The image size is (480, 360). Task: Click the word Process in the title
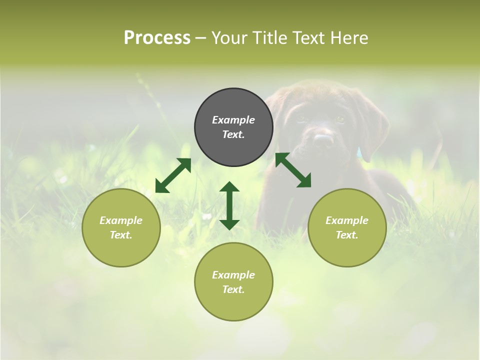(157, 38)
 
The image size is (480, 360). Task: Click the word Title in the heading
(268, 38)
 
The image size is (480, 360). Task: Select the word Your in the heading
(230, 38)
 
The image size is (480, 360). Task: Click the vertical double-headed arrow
(229, 206)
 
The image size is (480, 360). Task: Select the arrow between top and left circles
(173, 175)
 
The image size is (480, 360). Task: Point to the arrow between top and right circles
(293, 170)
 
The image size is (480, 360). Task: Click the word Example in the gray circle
(233, 120)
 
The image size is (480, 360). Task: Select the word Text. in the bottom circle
(233, 289)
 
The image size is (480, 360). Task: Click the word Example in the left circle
(121, 220)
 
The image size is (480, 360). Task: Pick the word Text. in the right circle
(347, 235)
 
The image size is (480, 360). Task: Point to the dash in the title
(200, 38)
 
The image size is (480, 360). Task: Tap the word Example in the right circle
(347, 220)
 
